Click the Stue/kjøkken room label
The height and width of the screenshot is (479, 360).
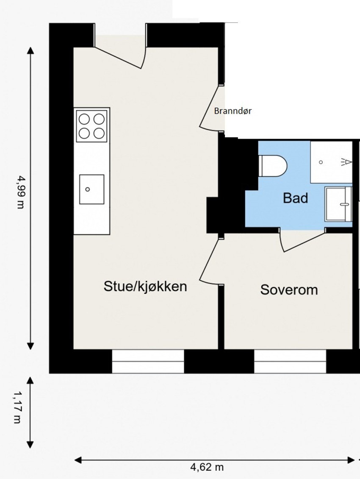click(145, 287)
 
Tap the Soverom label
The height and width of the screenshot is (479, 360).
click(289, 290)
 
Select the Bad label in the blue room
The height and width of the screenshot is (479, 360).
click(295, 198)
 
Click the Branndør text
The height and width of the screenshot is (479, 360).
click(233, 111)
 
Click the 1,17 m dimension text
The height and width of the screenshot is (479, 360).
click(17, 407)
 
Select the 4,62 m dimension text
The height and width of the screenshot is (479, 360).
click(207, 468)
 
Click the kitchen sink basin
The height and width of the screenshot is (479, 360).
click(91, 189)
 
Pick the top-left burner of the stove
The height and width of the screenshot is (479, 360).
click(84, 119)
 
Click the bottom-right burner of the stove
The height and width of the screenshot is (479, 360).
click(99, 133)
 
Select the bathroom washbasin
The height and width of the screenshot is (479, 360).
click(338, 204)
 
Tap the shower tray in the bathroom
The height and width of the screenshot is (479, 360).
click(331, 162)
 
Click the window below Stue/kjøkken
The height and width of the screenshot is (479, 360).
click(148, 361)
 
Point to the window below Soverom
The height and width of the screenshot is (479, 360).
click(290, 361)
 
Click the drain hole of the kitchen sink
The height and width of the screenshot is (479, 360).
click(88, 189)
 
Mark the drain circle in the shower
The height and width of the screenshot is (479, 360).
click(321, 162)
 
